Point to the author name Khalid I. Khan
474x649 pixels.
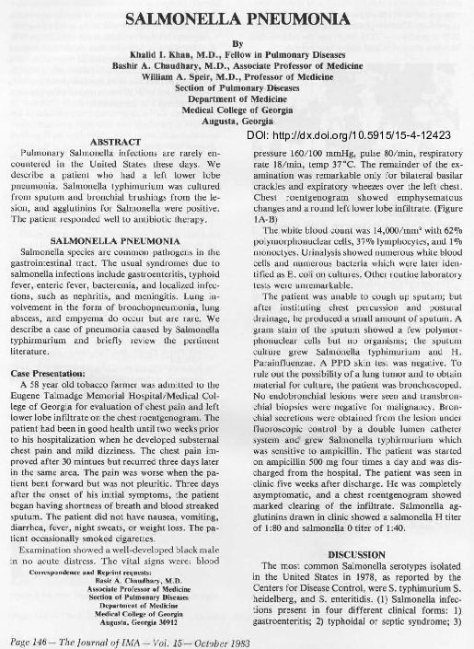pos(166,55)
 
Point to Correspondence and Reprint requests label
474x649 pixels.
pos(101,558)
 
